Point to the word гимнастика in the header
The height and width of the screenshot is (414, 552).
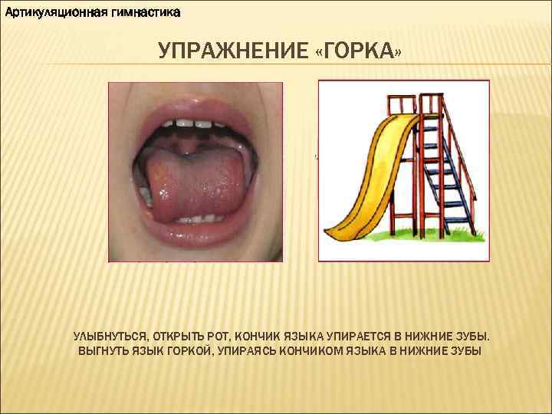(142, 13)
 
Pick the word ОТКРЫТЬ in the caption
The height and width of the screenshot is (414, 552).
(178, 337)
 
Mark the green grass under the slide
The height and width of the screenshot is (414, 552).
(429, 234)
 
